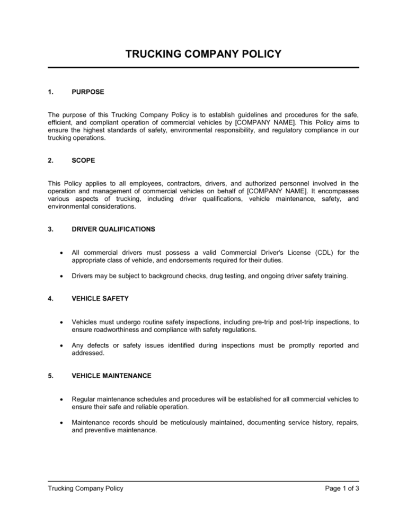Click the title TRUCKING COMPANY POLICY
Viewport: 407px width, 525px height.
pos(203,54)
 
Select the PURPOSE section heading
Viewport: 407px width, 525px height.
pos(88,92)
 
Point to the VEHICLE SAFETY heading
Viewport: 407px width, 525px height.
pos(100,298)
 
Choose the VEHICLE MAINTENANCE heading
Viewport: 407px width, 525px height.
pos(111,376)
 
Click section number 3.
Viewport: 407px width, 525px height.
pos(50,229)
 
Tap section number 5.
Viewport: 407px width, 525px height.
pos(50,376)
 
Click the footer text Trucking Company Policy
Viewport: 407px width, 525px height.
pos(85,488)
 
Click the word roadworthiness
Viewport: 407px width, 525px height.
pos(107,329)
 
